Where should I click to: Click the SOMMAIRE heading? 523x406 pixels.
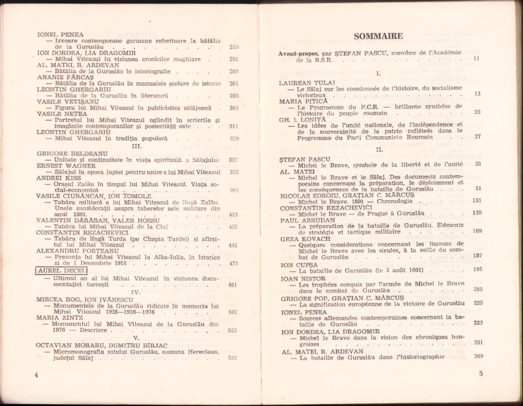[x=378, y=36]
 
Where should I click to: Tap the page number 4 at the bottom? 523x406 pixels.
[x=36, y=375]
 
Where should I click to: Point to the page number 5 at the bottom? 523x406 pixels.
[x=480, y=374]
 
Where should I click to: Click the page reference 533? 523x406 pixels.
[x=232, y=358]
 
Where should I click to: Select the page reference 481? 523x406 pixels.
[x=232, y=285]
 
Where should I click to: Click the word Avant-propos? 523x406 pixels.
[x=297, y=54]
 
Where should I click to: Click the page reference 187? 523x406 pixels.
[x=477, y=256]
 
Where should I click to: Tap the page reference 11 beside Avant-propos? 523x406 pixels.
[x=476, y=59]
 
